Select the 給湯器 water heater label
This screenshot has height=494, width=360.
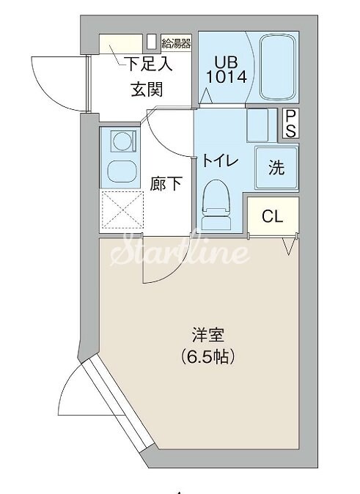coord(177,41)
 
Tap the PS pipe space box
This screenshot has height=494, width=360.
coord(290,123)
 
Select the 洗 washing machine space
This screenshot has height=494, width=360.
coord(276,168)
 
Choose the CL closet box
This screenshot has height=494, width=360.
coord(272,216)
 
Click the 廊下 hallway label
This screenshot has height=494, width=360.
coord(166,184)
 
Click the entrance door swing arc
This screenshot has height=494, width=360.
coord(55,81)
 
